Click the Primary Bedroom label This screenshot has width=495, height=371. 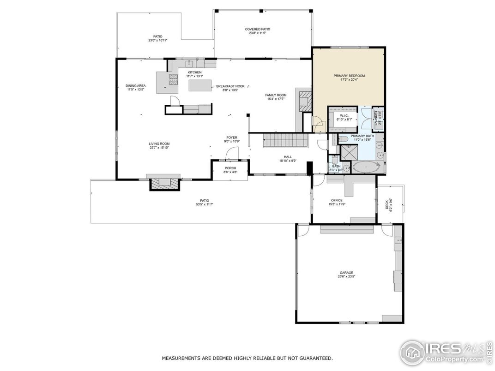(x=349, y=76)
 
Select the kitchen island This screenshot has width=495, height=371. (x=199, y=86)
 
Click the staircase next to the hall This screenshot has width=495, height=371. (x=285, y=140)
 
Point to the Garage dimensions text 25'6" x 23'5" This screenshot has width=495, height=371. (x=346, y=277)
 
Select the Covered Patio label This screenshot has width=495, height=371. (x=257, y=30)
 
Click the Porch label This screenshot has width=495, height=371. (x=230, y=168)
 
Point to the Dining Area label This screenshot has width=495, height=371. (x=136, y=86)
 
